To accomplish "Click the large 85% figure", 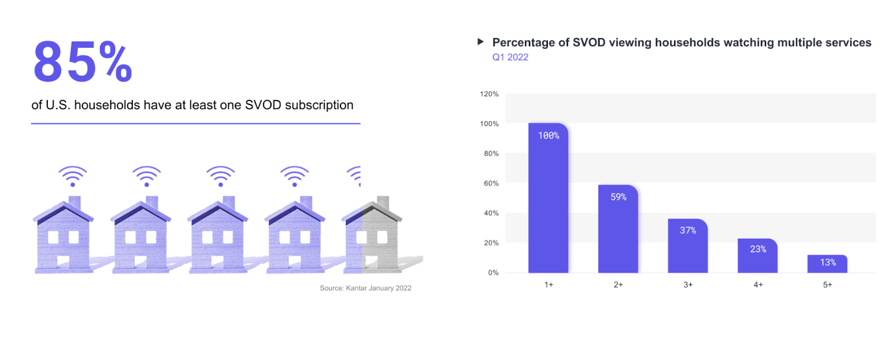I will [82, 61].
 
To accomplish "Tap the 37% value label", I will [688, 230].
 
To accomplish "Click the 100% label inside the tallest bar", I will [548, 135].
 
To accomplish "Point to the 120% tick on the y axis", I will [489, 94].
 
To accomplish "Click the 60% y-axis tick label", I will [491, 183].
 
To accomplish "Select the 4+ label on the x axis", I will [758, 284].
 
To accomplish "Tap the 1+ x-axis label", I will [548, 284].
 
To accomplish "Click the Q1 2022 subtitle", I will [510, 57].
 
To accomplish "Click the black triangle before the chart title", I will [481, 42].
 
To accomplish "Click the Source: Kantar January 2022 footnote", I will [365, 288].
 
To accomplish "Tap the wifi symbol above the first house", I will [72, 176].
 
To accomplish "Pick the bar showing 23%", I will [757, 257].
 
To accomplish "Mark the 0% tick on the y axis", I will [493, 273].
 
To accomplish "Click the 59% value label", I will [618, 197].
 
